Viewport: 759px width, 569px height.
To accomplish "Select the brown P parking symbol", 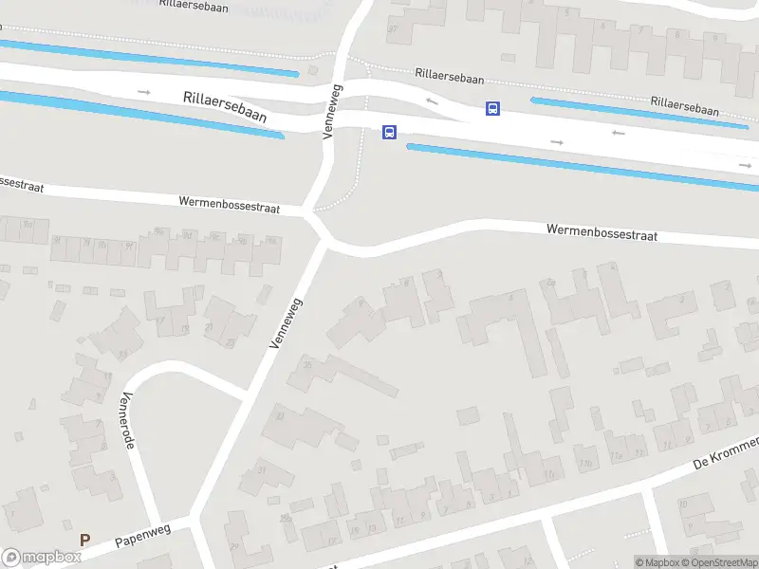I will [84, 541].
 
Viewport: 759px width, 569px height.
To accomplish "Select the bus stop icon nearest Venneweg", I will [389, 133].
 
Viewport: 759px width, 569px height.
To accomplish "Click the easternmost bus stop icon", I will [492, 109].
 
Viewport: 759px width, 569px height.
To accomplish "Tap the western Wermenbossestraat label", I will [230, 204].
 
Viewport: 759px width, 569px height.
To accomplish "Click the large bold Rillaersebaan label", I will [225, 105].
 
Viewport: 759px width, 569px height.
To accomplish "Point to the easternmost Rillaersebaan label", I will [684, 104].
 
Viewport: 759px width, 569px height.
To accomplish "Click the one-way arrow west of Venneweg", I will [144, 91].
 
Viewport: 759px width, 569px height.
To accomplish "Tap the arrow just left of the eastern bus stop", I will [432, 101].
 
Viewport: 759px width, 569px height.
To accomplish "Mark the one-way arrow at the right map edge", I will [745, 165].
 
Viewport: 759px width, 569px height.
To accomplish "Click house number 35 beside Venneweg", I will [306, 364].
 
